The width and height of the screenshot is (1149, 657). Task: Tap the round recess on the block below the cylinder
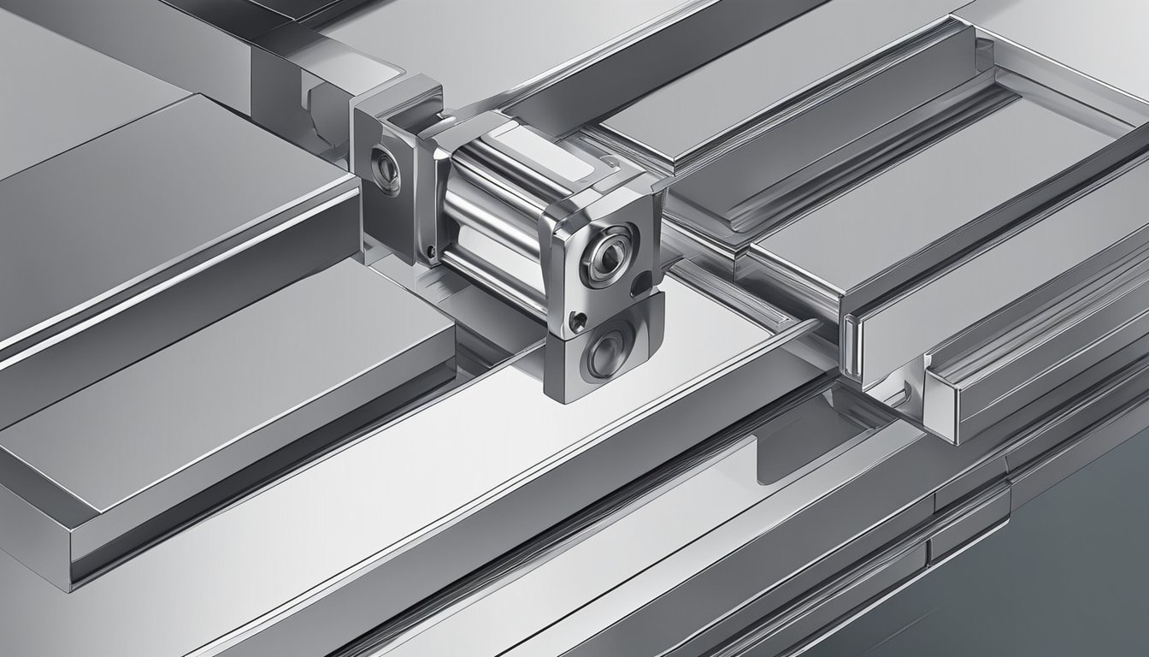tap(604, 351)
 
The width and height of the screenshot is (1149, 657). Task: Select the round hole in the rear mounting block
tap(383, 168)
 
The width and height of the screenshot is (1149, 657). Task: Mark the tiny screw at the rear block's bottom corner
tap(430, 252)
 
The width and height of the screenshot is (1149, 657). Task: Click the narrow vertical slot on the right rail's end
tap(849, 346)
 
